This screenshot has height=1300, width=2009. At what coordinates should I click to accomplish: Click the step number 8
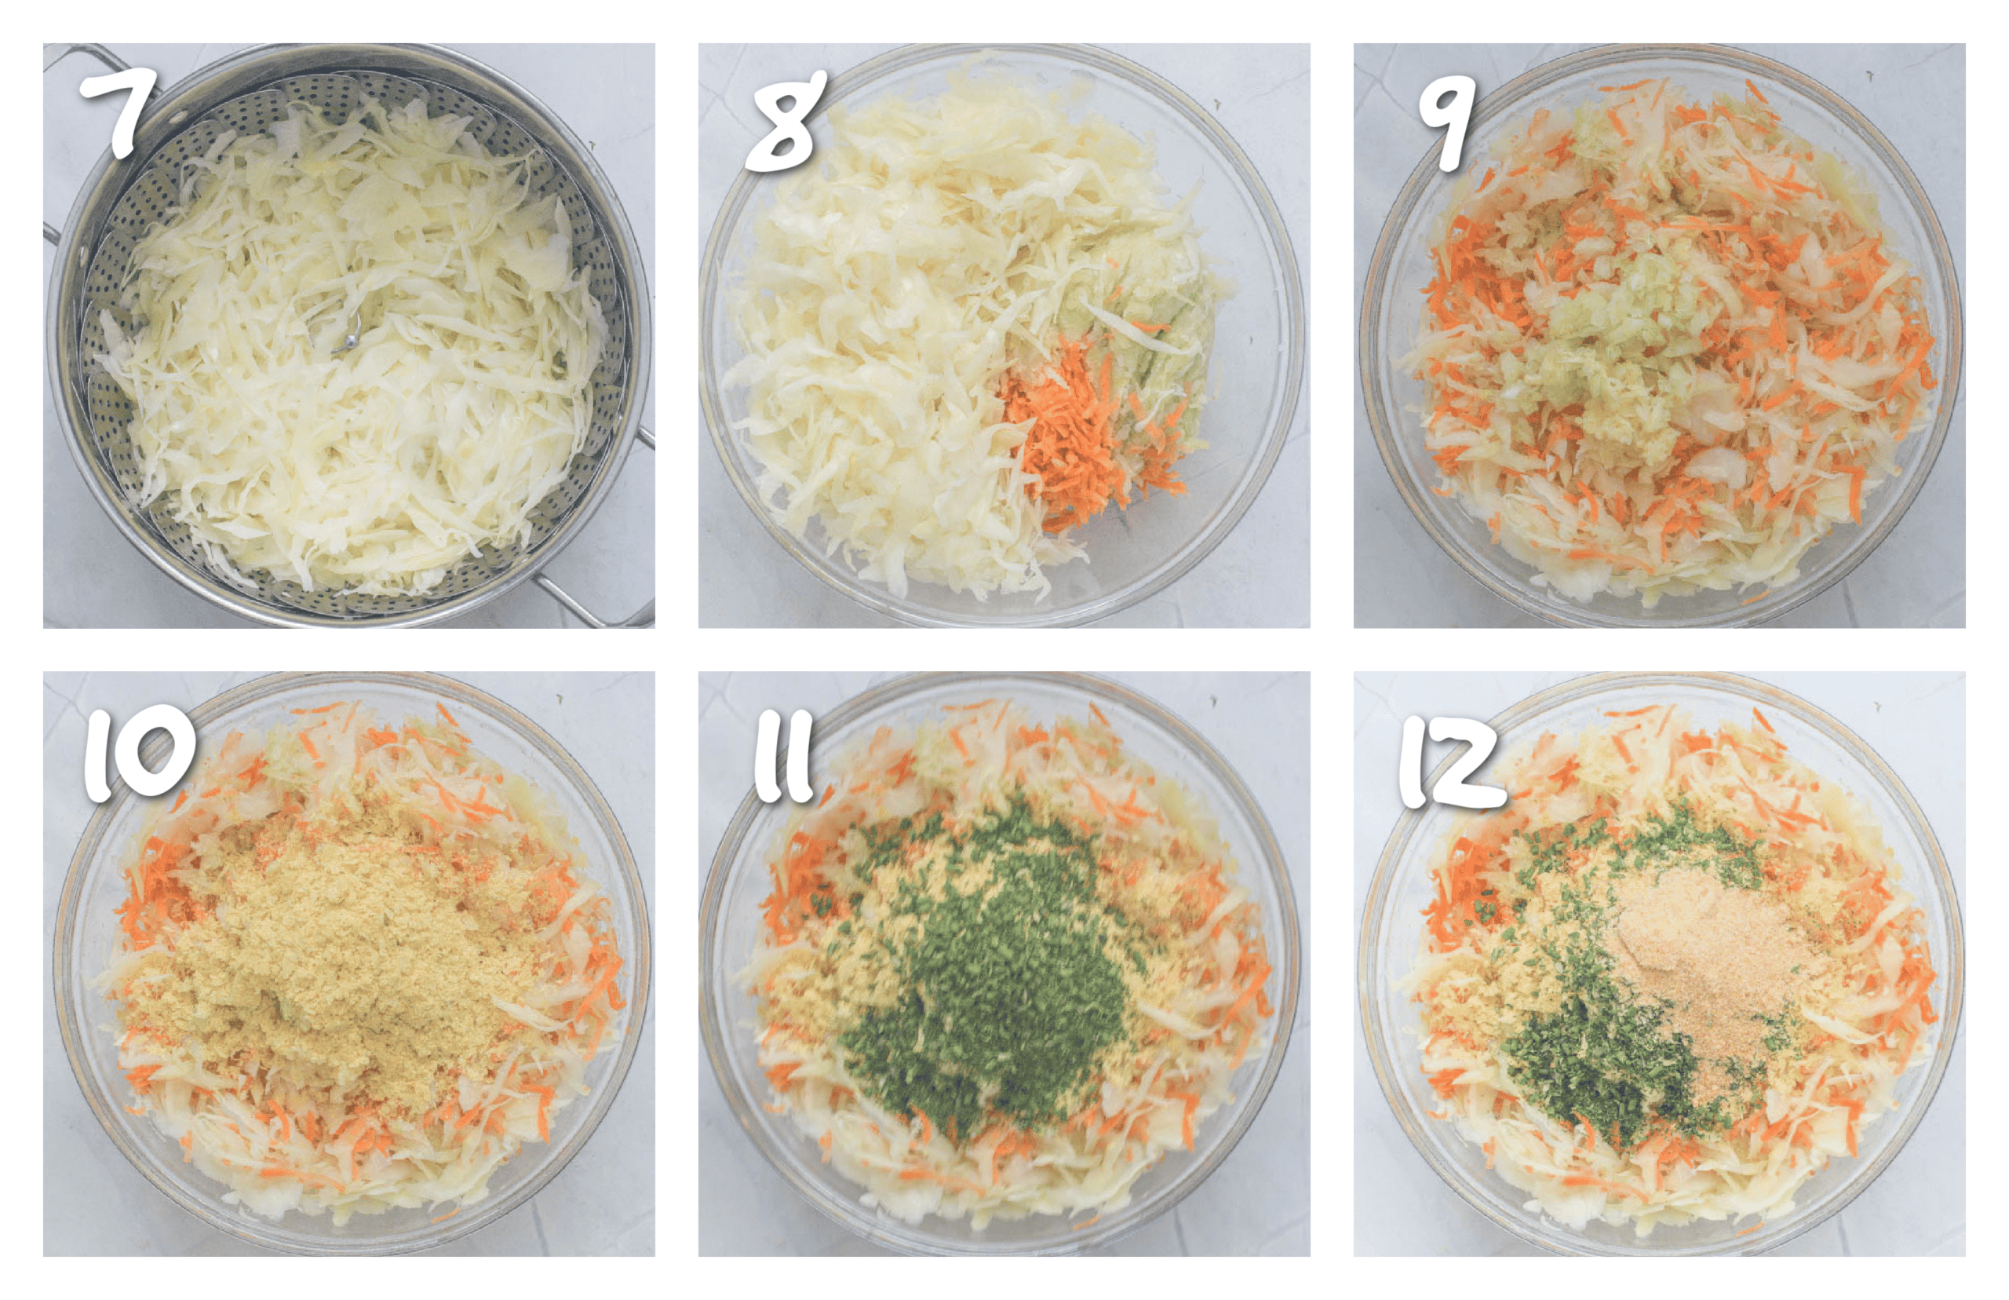click(785, 122)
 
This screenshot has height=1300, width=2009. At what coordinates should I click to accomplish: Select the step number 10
click(139, 754)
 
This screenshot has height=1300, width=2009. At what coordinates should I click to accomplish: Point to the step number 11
click(783, 758)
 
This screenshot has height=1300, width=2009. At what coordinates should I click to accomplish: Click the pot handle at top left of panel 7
click(80, 59)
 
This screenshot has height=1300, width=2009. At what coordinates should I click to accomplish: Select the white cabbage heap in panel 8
click(886, 338)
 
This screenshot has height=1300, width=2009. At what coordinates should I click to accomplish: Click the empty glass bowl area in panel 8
click(1215, 524)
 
